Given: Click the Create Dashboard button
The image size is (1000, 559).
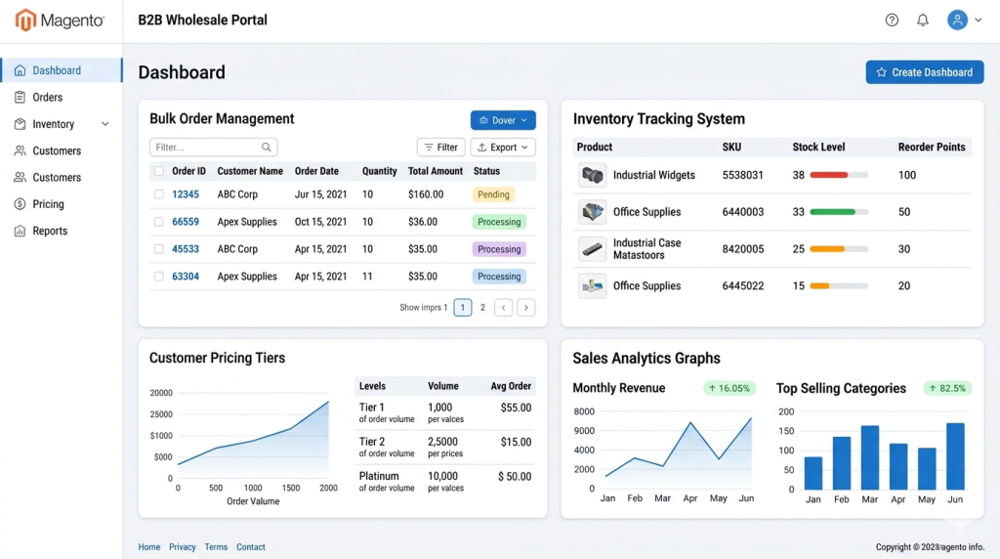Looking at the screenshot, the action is click(x=924, y=72).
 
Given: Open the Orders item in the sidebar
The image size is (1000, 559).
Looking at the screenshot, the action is click(x=47, y=97).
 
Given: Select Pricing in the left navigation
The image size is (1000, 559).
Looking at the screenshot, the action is click(x=48, y=204).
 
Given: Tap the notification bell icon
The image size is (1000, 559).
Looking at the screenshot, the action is click(x=922, y=21).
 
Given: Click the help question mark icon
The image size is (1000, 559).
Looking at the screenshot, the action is click(x=892, y=21).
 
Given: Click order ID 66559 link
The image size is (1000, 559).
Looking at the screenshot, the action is click(x=186, y=222).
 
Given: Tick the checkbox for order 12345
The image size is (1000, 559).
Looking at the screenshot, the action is click(x=159, y=194).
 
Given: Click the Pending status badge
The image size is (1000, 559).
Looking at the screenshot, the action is click(x=493, y=194).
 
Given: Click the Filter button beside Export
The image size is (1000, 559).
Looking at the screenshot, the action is click(x=440, y=148).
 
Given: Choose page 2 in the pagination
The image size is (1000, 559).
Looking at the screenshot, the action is click(x=482, y=308).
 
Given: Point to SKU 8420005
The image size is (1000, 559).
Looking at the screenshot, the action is click(x=743, y=249).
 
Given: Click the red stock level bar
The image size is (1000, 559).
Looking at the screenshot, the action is click(x=828, y=175).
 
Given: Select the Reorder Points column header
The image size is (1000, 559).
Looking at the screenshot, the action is click(x=931, y=147).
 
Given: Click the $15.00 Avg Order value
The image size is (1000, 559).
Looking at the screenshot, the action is click(x=516, y=442).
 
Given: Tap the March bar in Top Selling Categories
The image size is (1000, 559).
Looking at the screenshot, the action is click(x=870, y=457).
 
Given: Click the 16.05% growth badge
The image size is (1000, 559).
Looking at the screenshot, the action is click(x=729, y=388).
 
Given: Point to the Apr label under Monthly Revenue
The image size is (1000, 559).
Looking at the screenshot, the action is click(x=690, y=498).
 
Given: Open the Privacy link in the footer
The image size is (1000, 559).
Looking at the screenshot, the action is click(x=183, y=547).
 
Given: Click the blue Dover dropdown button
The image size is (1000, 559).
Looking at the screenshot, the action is click(x=503, y=120).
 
